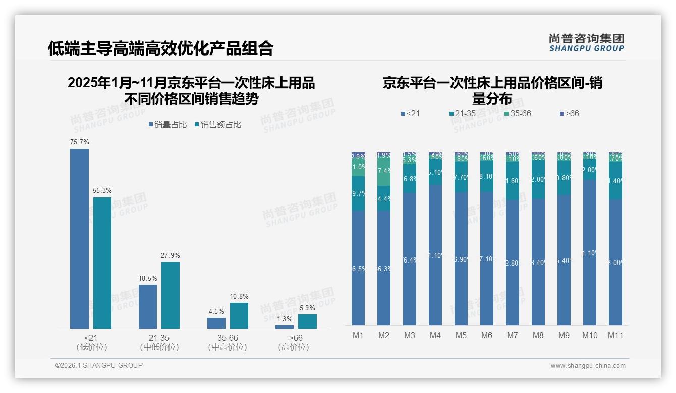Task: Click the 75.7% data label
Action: [79, 142]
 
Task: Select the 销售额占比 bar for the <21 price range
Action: [102, 263]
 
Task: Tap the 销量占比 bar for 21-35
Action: [147, 306]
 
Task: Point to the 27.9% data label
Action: [171, 255]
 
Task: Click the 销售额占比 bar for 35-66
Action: [239, 315]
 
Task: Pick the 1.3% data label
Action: [285, 319]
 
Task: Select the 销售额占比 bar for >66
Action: [307, 321]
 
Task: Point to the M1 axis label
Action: [358, 335]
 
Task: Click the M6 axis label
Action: [486, 335]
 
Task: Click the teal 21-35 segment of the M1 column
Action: [358, 193]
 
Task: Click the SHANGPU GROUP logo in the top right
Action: [586, 43]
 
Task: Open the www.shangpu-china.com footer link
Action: [588, 366]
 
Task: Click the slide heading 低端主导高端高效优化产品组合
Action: [160, 49]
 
